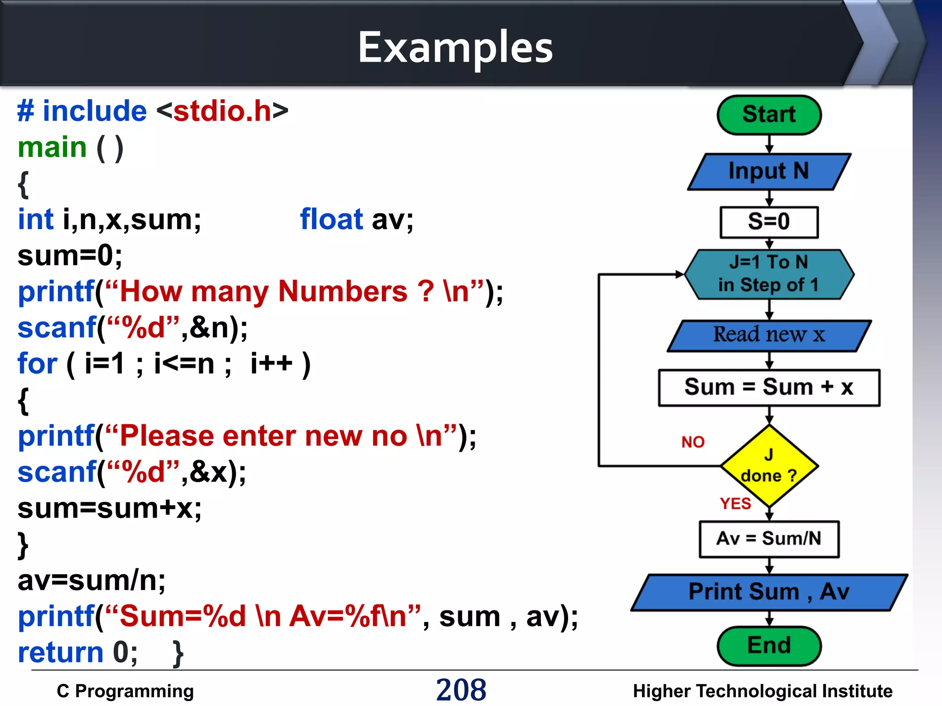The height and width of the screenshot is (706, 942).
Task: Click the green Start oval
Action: [769, 115]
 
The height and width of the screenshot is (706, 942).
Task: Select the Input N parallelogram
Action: [769, 171]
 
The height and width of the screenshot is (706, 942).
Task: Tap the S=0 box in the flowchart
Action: [769, 222]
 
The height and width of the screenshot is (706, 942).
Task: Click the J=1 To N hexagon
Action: [769, 274]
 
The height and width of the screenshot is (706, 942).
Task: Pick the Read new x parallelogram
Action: [769, 336]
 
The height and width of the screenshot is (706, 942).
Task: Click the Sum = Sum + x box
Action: [769, 387]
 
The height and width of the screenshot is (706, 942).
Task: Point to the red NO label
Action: [693, 442]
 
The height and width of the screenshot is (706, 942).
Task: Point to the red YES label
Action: [735, 504]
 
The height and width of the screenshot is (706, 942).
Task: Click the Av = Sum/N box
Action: [769, 539]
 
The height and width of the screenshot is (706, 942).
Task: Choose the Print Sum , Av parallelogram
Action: [769, 592]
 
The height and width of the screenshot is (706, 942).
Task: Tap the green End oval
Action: [769, 646]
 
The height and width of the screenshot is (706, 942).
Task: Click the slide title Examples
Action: [455, 48]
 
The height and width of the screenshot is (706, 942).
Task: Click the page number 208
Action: [461, 689]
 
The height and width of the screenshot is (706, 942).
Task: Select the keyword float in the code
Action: [331, 219]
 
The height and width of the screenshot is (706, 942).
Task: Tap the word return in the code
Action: [61, 653]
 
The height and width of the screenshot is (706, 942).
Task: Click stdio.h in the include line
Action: [222, 111]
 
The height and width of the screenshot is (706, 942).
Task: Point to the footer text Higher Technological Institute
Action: [762, 691]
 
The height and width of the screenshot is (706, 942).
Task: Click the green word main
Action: [52, 148]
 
